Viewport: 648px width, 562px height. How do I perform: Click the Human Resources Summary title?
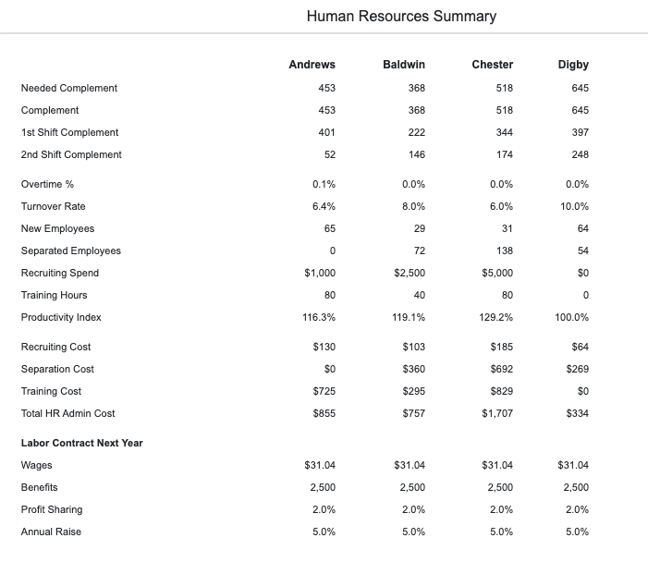(401, 16)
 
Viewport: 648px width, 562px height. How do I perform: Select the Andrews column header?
(312, 65)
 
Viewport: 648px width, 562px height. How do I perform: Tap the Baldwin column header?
(404, 65)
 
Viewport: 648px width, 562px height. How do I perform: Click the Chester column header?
(492, 65)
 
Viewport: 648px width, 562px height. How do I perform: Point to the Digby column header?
(573, 65)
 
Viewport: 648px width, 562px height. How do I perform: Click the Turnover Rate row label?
(54, 206)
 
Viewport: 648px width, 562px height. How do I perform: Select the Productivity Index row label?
(61, 317)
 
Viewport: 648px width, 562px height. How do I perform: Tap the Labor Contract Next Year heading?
(82, 443)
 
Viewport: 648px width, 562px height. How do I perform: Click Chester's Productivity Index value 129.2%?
(495, 317)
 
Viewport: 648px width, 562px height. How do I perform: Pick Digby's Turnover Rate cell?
(574, 206)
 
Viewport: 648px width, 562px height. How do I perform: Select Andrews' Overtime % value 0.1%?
(324, 184)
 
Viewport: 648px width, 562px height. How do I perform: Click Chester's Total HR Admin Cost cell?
(497, 413)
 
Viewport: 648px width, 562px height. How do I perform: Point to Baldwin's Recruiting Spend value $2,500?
(410, 274)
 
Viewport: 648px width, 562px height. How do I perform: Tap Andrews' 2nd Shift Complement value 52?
(330, 154)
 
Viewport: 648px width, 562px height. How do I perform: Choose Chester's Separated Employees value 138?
(504, 250)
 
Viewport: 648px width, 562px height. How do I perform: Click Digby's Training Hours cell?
(585, 295)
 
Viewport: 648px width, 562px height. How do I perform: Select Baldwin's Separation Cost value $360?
(414, 369)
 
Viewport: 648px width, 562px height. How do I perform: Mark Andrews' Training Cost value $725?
(324, 391)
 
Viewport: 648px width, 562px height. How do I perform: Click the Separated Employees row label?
(71, 250)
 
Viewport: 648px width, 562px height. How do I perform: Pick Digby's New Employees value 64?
(583, 228)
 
